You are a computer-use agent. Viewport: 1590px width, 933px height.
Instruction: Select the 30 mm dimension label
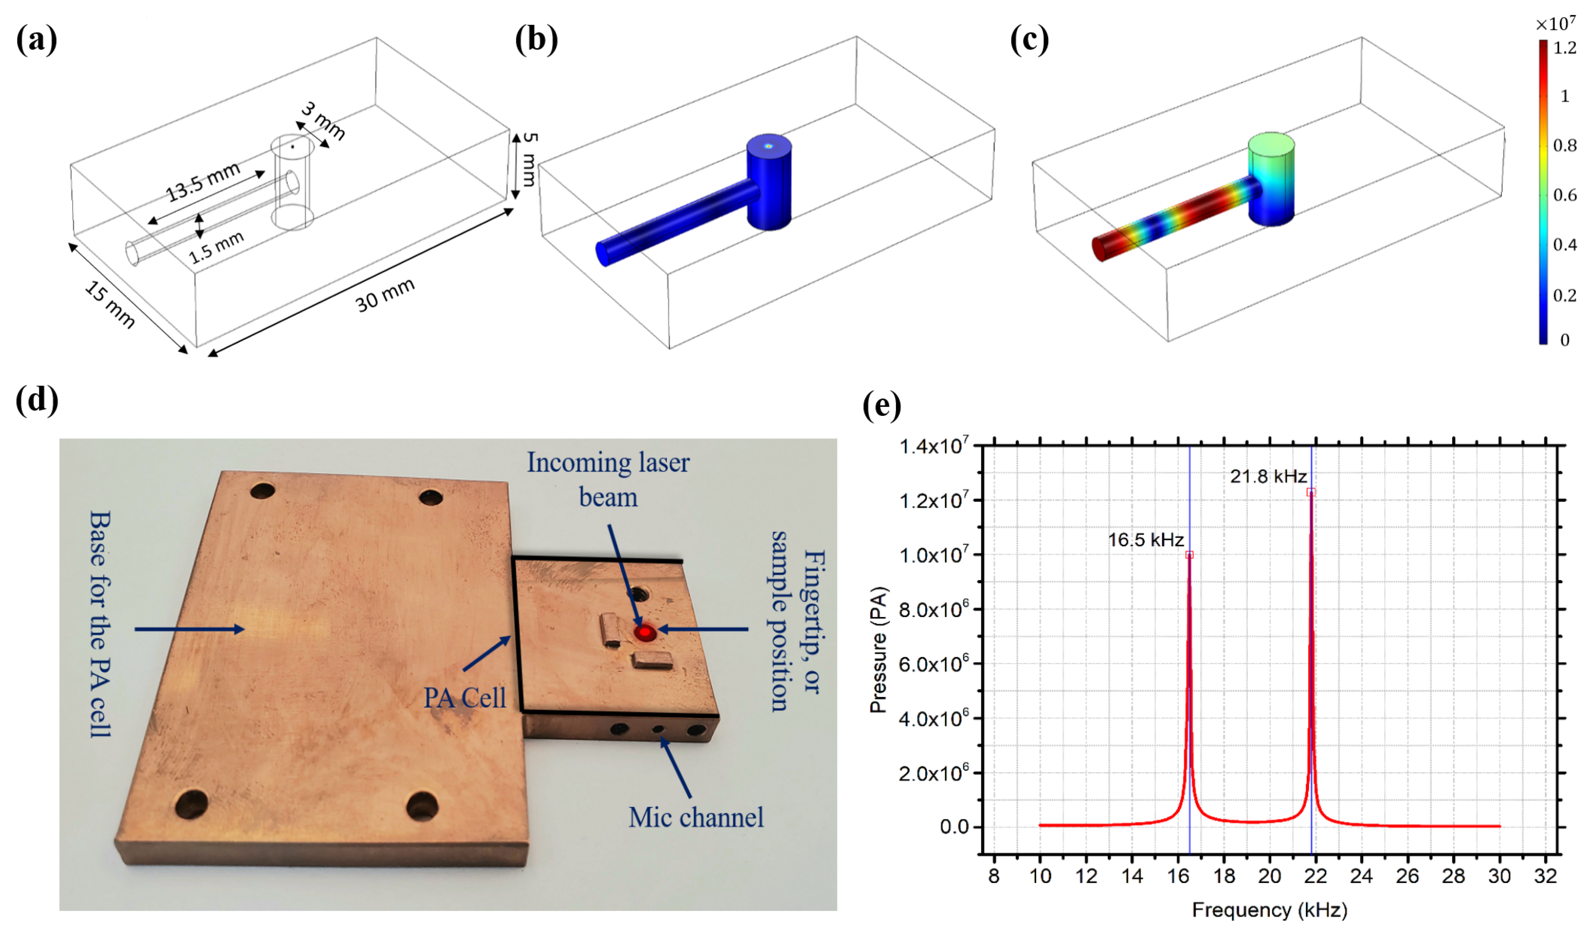[x=384, y=295]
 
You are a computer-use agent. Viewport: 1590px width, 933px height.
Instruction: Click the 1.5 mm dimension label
[x=217, y=247]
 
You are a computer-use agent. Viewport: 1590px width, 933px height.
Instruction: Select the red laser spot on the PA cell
[x=644, y=632]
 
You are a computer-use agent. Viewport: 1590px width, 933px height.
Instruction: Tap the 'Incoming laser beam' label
[x=608, y=480]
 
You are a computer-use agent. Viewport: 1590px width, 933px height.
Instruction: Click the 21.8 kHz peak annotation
[x=1268, y=476]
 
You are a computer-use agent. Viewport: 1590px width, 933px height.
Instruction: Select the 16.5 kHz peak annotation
[x=1146, y=540]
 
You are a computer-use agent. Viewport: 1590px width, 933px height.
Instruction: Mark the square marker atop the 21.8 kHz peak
[x=1311, y=492]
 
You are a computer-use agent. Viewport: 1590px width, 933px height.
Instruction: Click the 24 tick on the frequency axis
[x=1361, y=876]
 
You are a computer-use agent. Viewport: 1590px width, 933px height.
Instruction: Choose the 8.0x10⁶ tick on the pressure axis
[x=933, y=610]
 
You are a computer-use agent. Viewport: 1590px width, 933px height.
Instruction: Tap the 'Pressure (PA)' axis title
[x=878, y=650]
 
